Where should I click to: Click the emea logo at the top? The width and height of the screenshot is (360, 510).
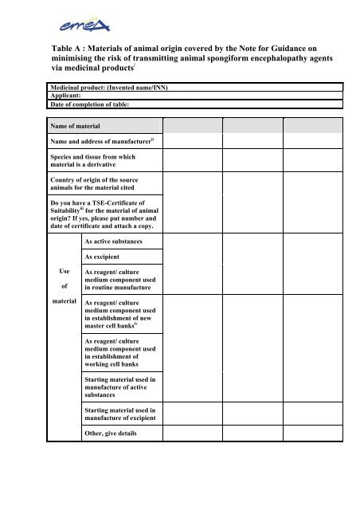[179, 18]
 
